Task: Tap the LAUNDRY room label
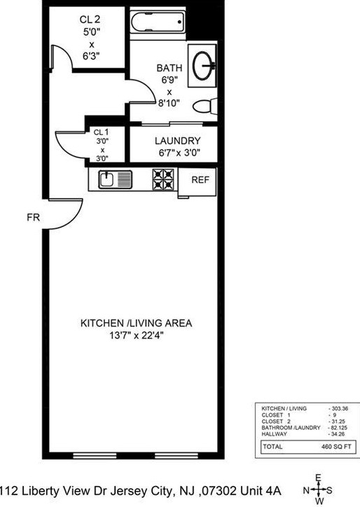pyautogui.click(x=177, y=140)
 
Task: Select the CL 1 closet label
pyautogui.click(x=101, y=132)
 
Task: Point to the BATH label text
pyautogui.click(x=169, y=68)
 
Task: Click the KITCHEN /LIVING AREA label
pyautogui.click(x=136, y=324)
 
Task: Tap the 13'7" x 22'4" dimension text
pyautogui.click(x=136, y=335)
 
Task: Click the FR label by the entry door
pyautogui.click(x=32, y=217)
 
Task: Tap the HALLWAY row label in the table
pyautogui.click(x=274, y=433)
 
